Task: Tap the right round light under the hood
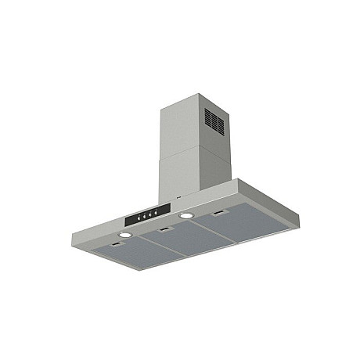(186, 215)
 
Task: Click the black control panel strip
(146, 212)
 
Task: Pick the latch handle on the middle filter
(164, 230)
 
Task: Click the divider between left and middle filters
(162, 248)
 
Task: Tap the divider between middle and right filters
(219, 232)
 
